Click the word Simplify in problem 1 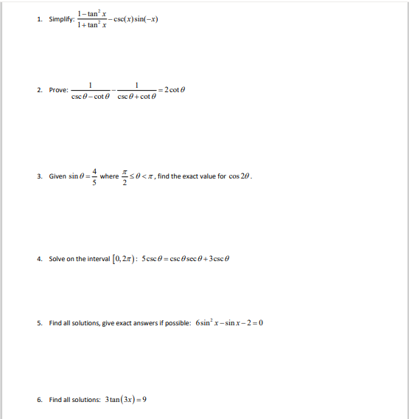click(61, 20)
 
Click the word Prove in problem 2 click(58, 90)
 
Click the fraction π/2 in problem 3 click(124, 177)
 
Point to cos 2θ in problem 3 click(241, 177)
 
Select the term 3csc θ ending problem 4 click(226, 259)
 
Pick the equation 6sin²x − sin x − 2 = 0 click(229, 323)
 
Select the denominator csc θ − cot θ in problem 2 click(92, 97)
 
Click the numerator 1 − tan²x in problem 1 click(92, 13)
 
